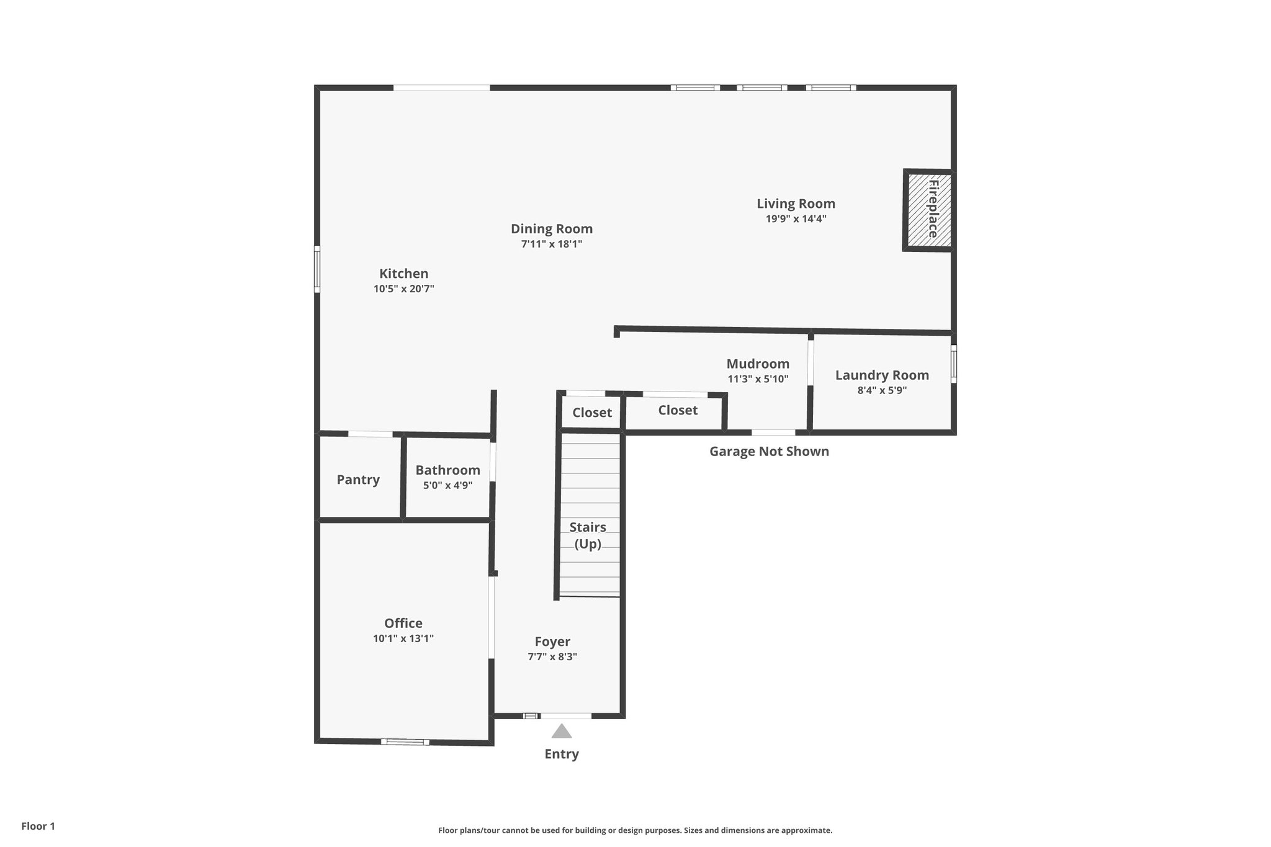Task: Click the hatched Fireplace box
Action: (x=928, y=210)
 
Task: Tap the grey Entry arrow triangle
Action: (x=562, y=732)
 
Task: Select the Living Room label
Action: (x=796, y=204)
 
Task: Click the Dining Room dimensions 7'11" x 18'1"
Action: (x=551, y=244)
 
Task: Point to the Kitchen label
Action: (x=403, y=274)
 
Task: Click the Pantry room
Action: (x=358, y=479)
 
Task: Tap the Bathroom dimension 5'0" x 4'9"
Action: (x=447, y=486)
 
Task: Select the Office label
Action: (x=403, y=623)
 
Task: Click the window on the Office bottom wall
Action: (x=405, y=742)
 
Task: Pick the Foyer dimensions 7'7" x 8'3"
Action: (x=552, y=657)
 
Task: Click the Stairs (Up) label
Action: (x=588, y=535)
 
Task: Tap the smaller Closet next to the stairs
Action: (x=591, y=413)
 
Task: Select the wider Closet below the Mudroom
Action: (x=677, y=410)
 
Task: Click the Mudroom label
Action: (x=758, y=364)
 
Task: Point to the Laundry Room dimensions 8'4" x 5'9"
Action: (x=882, y=391)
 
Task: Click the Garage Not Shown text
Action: (x=769, y=451)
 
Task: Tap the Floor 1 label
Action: (x=38, y=826)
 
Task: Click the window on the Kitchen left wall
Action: (x=317, y=269)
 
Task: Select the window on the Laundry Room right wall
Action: (x=954, y=364)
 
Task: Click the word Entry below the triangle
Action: (x=562, y=754)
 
